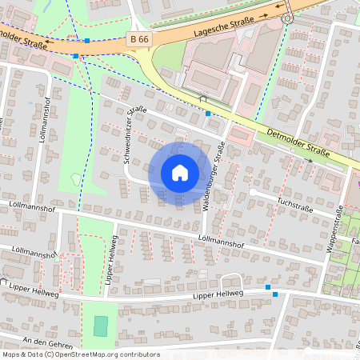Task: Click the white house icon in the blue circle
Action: tap(180, 172)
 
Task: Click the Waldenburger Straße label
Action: tap(214, 177)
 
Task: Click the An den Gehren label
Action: tap(48, 342)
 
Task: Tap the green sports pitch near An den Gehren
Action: tap(100, 326)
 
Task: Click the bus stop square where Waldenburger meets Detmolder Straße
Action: tap(208, 114)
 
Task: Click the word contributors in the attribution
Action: tap(137, 354)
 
